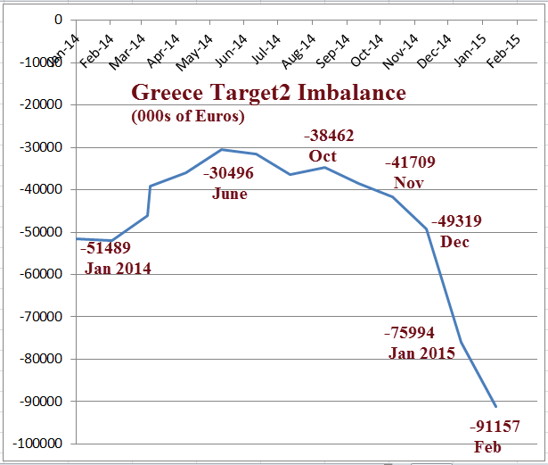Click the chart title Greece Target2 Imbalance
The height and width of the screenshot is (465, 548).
point(268,93)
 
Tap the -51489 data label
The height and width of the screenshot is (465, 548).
point(106,249)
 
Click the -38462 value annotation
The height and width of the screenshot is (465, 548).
point(328,137)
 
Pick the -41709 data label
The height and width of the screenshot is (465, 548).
point(410,163)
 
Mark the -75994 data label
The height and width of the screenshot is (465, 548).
point(410,333)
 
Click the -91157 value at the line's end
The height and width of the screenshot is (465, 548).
point(495,426)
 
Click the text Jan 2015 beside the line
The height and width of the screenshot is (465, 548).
point(421,353)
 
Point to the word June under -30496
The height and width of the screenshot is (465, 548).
point(229,193)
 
